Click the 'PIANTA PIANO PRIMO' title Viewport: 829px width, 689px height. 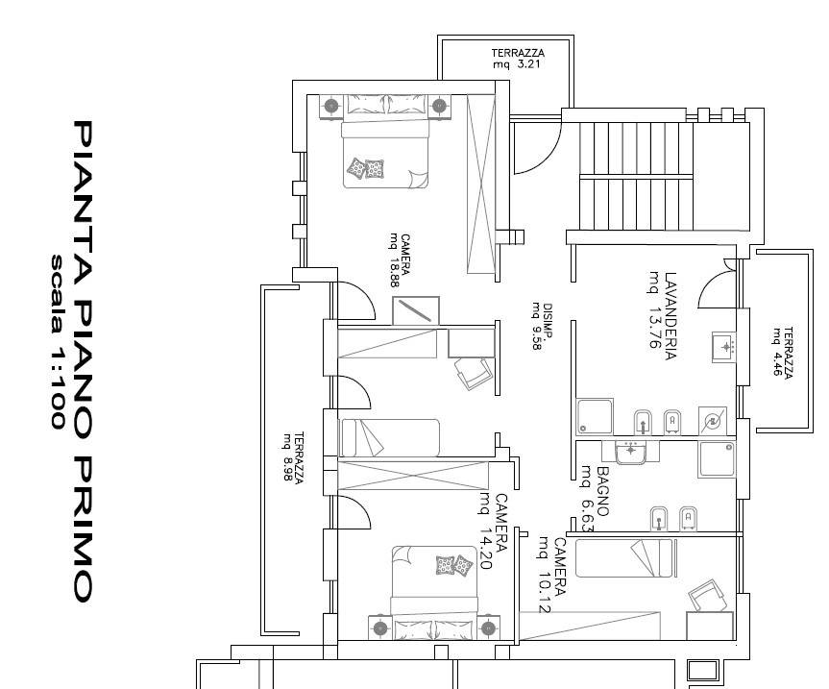tap(83, 361)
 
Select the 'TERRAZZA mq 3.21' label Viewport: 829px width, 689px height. tap(518, 59)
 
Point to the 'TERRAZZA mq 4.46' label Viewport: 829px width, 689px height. tap(783, 352)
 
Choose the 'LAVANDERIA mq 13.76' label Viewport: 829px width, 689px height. tap(663, 316)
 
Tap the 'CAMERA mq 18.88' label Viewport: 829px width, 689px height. tap(400, 260)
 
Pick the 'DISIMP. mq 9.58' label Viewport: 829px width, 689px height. tap(543, 327)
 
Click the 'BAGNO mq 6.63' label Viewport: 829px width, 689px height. tap(595, 498)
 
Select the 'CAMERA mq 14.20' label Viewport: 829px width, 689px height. tap(494, 530)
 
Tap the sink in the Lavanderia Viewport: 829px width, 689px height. tap(723, 347)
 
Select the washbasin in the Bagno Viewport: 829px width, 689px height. tap(630, 452)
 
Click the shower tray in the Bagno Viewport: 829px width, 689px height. tap(717, 459)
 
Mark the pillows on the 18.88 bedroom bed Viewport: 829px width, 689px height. tap(365, 168)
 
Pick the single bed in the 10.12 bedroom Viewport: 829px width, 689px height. tap(625, 558)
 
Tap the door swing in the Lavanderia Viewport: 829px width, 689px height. tap(717, 289)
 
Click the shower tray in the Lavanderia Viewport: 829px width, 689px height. tap(595, 417)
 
